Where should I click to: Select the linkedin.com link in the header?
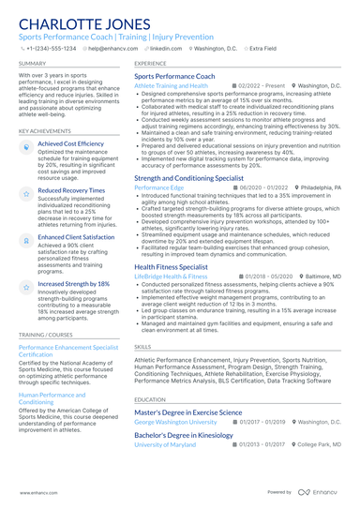[166, 47]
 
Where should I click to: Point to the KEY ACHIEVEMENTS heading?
[46, 131]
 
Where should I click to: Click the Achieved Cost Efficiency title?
[70, 144]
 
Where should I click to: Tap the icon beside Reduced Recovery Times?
[25, 192]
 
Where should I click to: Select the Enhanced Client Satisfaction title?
[76, 237]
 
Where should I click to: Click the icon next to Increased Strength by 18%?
[25, 285]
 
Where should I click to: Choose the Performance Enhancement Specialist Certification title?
[68, 351]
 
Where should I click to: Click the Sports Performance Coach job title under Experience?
[174, 76]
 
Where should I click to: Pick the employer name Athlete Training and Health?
[171, 85]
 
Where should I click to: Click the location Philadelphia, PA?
[321, 187]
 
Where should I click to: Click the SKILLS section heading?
[142, 347]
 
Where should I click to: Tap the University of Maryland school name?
[165, 444]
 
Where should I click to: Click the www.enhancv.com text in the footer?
[33, 492]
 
